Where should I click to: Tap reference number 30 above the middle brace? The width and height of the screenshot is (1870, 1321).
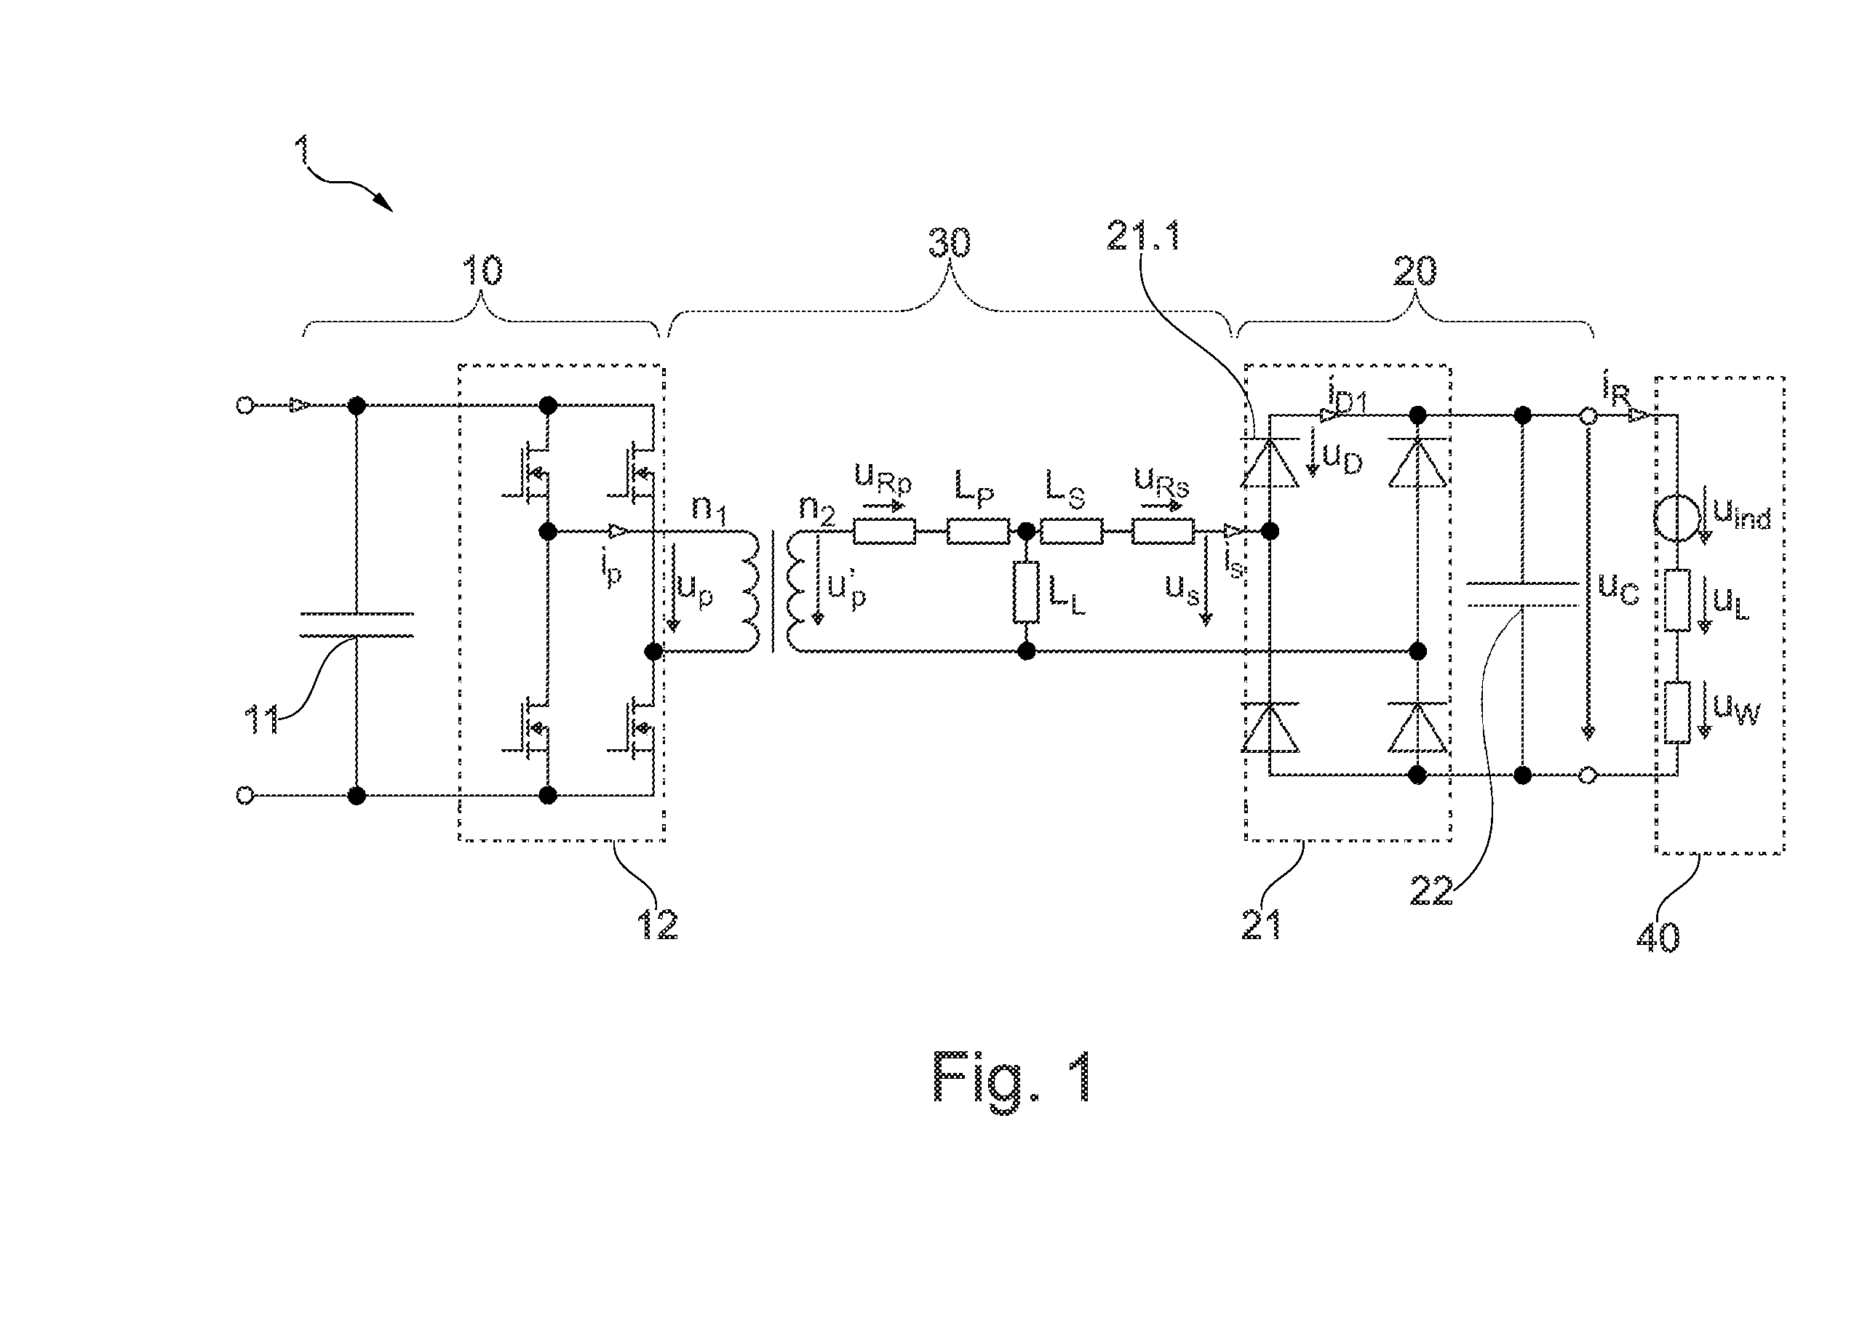[x=950, y=243]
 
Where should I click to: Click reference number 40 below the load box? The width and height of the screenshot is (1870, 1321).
[x=1658, y=938]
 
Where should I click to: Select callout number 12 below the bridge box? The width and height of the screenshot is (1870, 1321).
[x=657, y=925]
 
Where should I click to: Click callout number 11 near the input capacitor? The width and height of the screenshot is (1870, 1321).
[x=262, y=721]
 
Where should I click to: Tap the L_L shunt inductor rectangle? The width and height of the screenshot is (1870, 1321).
[x=1026, y=592]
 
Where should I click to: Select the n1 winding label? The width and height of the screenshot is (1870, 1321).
[x=709, y=509]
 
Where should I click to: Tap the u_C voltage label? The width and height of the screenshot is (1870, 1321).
[x=1618, y=590]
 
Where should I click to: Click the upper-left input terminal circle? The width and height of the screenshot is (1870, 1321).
[x=244, y=404]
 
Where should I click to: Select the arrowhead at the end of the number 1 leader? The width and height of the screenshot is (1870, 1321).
[x=386, y=204]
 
